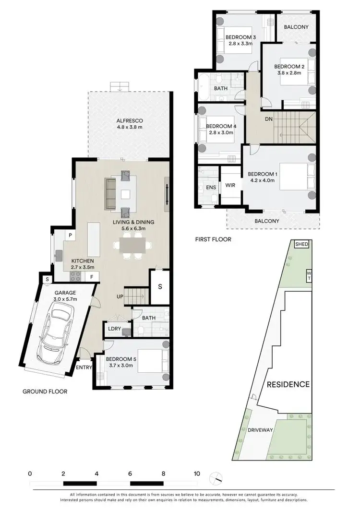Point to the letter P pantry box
70,236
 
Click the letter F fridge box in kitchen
91,277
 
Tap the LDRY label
114,329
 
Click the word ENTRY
84,367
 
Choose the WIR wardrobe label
230,185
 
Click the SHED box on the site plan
301,244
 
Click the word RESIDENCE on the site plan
288,384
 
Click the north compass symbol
216,479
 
